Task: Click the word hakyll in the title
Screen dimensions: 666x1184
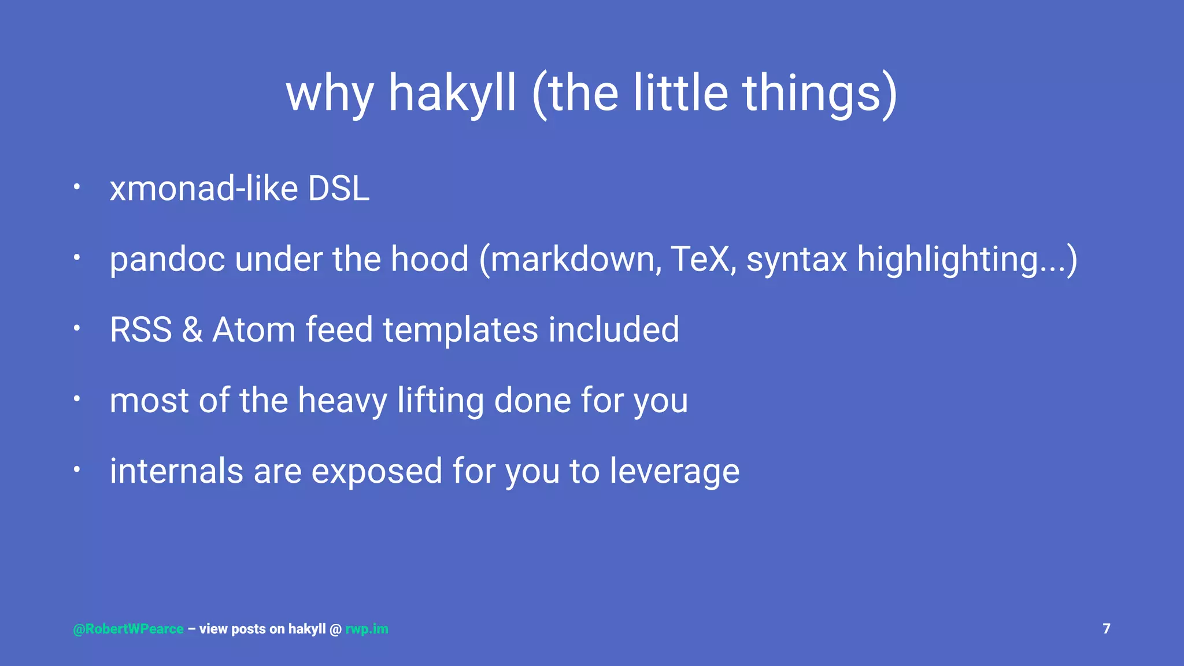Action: pyautogui.click(x=452, y=94)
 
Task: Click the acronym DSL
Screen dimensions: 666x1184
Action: pyautogui.click(x=338, y=188)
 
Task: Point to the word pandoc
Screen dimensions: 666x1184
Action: pyautogui.click(x=167, y=259)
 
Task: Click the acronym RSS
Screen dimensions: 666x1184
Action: pyautogui.click(x=141, y=330)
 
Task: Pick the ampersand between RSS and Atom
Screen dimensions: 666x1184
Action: pyautogui.click(x=192, y=330)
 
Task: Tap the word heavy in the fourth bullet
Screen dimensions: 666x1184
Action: pyautogui.click(x=342, y=401)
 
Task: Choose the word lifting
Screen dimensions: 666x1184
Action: pyautogui.click(x=441, y=401)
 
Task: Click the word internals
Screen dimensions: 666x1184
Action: pyautogui.click(x=176, y=471)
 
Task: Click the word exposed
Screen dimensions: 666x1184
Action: pyautogui.click(x=377, y=471)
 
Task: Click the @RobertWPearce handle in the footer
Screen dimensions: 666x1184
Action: pyautogui.click(x=128, y=629)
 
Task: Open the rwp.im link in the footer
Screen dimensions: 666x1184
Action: pyautogui.click(x=367, y=629)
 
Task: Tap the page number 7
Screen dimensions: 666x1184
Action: pyautogui.click(x=1107, y=628)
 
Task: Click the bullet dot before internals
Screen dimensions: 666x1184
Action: pyautogui.click(x=76, y=469)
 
